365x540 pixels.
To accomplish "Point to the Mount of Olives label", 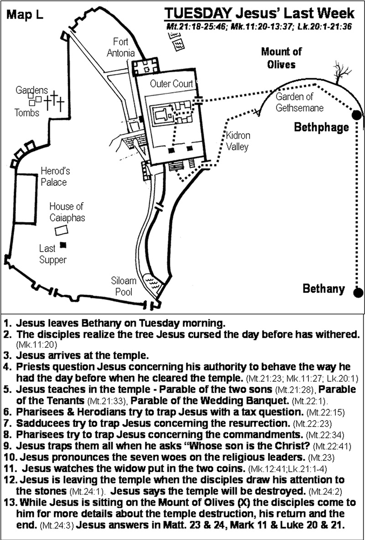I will pos(282,58).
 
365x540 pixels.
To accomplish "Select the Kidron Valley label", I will pos(238,141).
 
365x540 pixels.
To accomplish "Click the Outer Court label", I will pos(172,84).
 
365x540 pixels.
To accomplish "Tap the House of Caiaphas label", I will pos(67,212).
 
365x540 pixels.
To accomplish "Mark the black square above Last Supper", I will pos(63,245).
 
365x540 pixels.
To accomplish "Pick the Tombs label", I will pos(27,112).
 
